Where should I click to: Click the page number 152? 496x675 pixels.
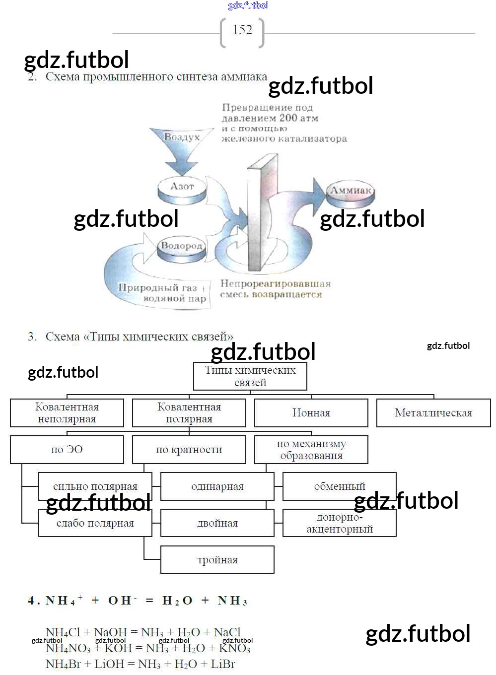(x=242, y=30)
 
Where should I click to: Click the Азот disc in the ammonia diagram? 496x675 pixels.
(x=182, y=188)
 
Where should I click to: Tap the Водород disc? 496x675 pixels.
(x=182, y=248)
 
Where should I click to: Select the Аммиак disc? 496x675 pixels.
(x=351, y=193)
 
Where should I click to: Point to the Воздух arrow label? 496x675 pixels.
(x=182, y=137)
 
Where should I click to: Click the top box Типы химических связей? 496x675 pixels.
(x=250, y=376)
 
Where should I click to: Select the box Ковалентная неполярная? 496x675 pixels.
(x=67, y=413)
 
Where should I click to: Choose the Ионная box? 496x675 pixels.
(x=311, y=413)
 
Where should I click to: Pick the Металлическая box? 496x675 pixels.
(x=433, y=413)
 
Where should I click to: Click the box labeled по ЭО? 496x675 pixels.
(x=67, y=450)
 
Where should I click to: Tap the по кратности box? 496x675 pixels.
(x=189, y=450)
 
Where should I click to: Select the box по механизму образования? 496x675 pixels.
(x=311, y=450)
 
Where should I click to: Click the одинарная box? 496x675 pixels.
(x=217, y=486)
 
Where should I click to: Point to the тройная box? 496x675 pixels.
(x=217, y=560)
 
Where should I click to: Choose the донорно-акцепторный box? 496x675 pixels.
(x=340, y=523)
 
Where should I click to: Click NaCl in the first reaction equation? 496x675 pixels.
(x=227, y=632)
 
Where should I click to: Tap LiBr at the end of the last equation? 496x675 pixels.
(x=223, y=664)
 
